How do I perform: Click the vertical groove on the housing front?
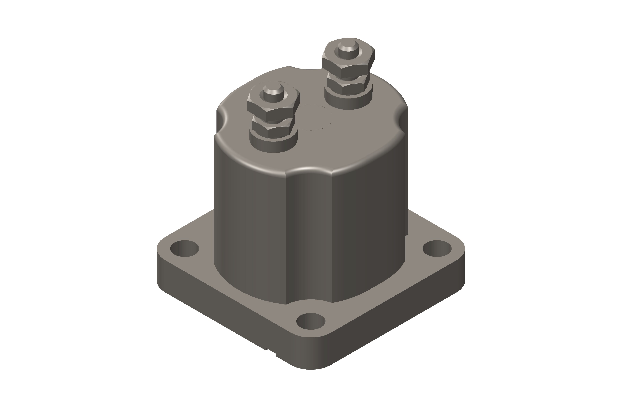(309, 236)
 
